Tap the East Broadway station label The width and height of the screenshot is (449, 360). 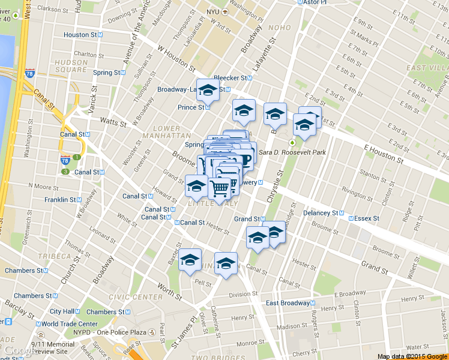point(288,303)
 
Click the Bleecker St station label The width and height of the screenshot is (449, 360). point(231,78)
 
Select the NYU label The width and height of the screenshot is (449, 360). point(214,12)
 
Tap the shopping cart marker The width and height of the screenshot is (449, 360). point(220,188)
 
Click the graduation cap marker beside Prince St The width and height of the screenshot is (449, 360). point(208,91)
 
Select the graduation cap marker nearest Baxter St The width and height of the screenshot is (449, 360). point(190,260)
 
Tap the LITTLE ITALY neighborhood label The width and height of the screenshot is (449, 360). point(194,205)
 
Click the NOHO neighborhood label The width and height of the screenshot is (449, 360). point(280,28)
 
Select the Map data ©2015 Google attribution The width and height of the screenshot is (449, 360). point(412,356)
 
